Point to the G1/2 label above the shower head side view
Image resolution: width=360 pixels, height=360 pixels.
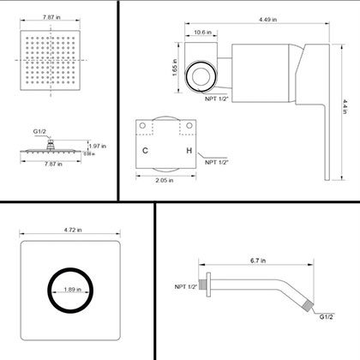click(39, 131)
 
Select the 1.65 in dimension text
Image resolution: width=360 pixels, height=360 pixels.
click(173, 66)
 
